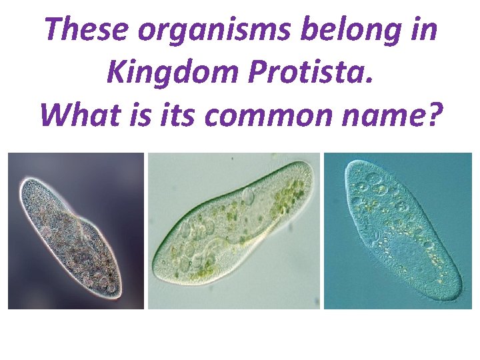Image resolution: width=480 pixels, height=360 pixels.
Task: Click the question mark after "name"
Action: click(434, 115)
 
